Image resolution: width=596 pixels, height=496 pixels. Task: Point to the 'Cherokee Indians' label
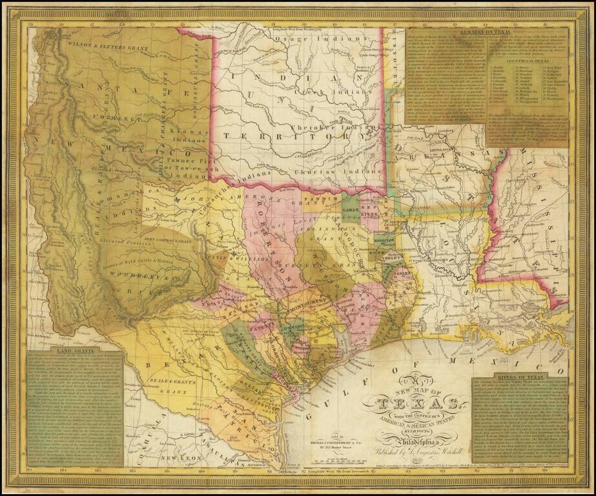click(x=326, y=127)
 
